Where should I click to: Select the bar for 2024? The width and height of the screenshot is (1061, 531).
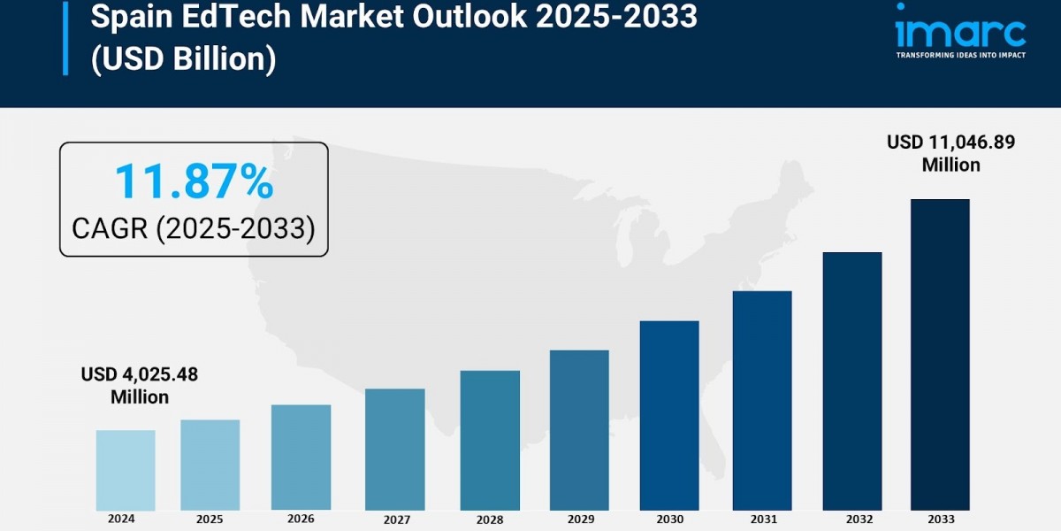tap(126, 470)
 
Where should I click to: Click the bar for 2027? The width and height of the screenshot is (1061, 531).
tap(394, 450)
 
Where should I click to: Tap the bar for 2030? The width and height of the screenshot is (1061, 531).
tap(669, 415)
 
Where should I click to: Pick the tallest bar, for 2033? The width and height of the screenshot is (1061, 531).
tap(940, 354)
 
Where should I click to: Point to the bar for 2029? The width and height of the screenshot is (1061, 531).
tap(579, 430)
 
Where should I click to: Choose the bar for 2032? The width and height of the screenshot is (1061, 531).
tap(852, 381)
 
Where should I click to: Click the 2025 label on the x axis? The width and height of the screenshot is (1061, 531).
tap(210, 519)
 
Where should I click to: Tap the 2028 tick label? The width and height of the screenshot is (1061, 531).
tap(489, 519)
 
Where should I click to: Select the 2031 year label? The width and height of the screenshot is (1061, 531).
tap(761, 519)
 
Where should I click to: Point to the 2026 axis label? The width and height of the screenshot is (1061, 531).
tap(301, 519)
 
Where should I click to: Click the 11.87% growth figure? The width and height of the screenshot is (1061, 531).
tap(194, 182)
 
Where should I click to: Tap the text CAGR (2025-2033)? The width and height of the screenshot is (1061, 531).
tap(194, 228)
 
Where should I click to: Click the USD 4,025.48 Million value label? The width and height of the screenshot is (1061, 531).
tap(140, 386)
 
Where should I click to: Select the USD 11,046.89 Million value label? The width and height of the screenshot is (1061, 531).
tap(951, 153)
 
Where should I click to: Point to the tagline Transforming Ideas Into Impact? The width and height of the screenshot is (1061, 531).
tap(960, 55)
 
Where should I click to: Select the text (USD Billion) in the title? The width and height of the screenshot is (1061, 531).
tap(183, 59)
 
